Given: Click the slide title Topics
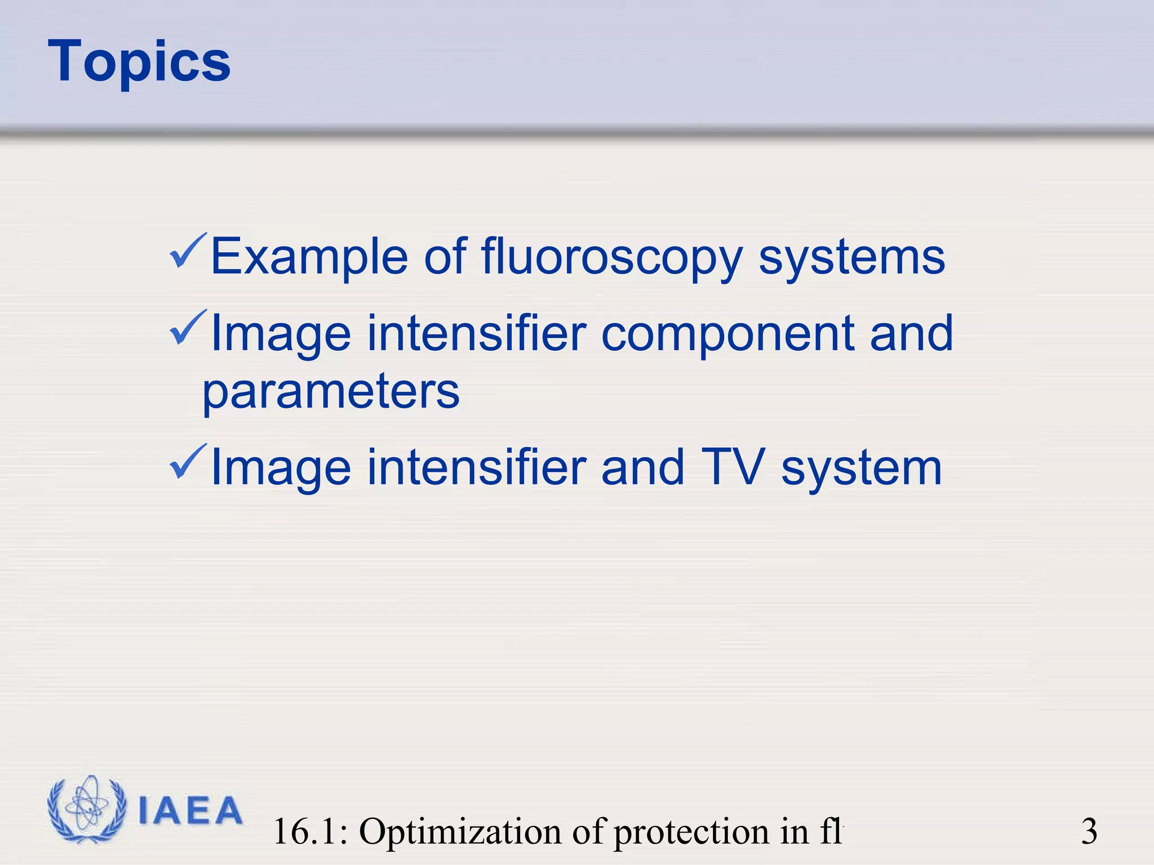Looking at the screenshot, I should tap(139, 62).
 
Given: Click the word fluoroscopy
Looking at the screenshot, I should tap(612, 257).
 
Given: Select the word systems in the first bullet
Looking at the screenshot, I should tap(851, 257).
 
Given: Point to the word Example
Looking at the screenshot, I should tap(309, 257).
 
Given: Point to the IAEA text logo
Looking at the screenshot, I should tap(190, 811).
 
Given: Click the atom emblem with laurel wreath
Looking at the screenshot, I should tap(86, 809).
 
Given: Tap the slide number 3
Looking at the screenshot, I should tap(1089, 831).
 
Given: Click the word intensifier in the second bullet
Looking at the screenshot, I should tap(477, 333).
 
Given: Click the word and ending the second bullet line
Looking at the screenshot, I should tap(911, 333).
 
